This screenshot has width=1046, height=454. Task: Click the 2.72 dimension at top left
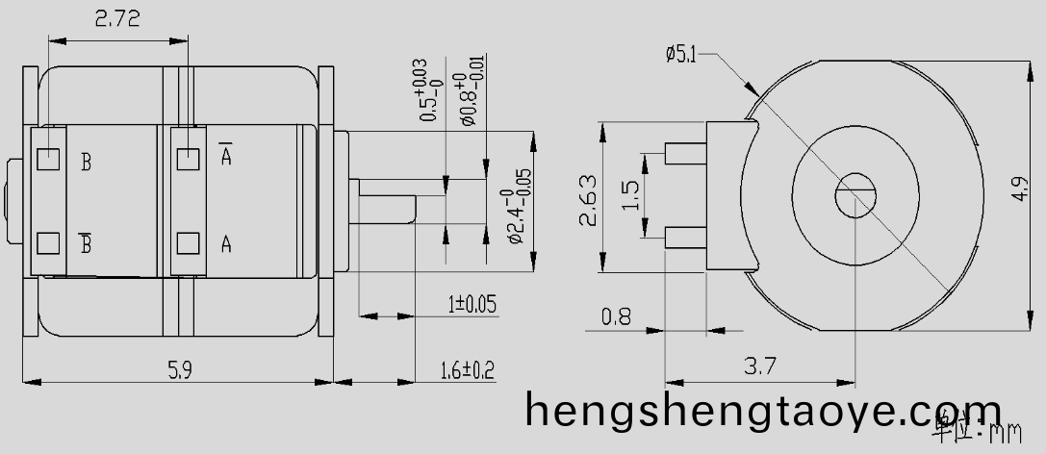tap(116, 18)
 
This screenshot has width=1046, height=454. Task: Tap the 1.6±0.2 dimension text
tap(467, 369)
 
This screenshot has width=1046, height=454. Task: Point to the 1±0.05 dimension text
tap(472, 305)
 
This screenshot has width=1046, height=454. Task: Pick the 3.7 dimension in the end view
tap(761, 366)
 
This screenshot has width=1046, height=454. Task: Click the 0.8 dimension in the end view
tap(616, 315)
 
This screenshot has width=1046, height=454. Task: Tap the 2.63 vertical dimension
tap(587, 199)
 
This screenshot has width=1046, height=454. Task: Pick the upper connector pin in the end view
tap(686, 153)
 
